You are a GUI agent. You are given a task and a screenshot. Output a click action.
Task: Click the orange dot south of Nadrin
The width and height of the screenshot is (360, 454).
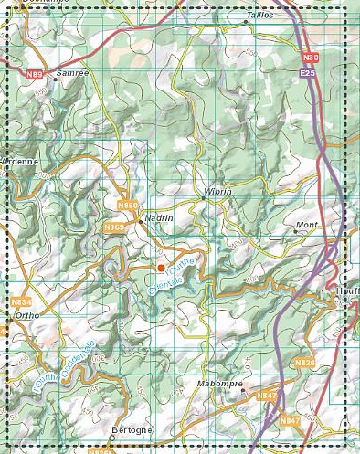click(x=161, y=268)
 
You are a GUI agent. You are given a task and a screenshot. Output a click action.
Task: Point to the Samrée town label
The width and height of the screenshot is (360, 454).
click(x=73, y=72)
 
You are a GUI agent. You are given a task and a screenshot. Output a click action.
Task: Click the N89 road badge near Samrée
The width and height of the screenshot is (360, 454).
click(x=35, y=72)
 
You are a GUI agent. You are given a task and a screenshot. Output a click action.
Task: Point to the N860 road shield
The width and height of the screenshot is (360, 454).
click(x=129, y=206)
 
